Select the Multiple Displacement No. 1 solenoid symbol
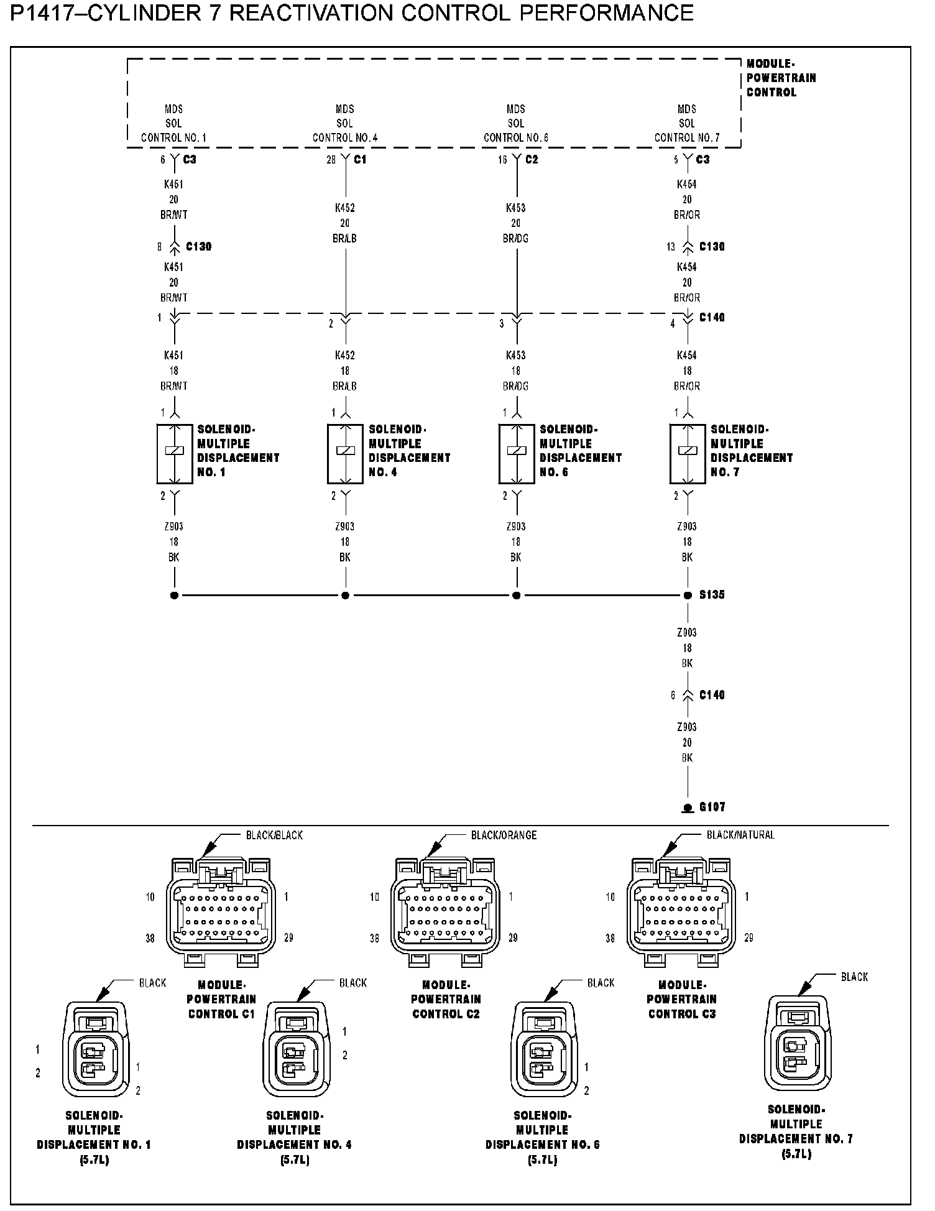click(174, 454)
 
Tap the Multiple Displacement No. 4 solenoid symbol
click(345, 454)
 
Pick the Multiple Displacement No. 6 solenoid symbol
click(516, 454)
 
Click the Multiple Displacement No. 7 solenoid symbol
click(687, 454)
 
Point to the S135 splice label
click(712, 595)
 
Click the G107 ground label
click(712, 807)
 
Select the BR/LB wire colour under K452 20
click(344, 239)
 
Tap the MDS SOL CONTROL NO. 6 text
click(515, 124)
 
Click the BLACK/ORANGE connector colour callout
click(504, 835)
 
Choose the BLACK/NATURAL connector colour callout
click(740, 835)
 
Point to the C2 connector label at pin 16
click(532, 160)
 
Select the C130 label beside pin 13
click(712, 247)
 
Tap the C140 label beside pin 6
click(712, 695)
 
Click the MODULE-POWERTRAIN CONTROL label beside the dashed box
click(780, 78)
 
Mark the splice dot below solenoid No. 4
click(345, 596)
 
